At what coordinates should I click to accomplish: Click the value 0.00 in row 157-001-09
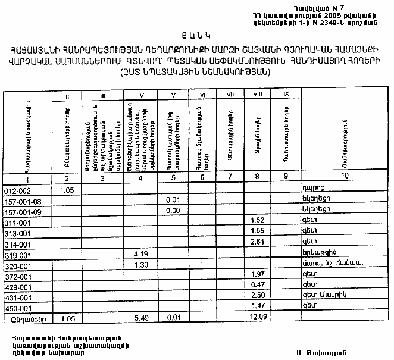click(x=173, y=209)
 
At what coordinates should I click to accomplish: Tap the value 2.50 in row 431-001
click(x=258, y=296)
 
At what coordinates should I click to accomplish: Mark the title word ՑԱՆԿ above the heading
click(x=196, y=35)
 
